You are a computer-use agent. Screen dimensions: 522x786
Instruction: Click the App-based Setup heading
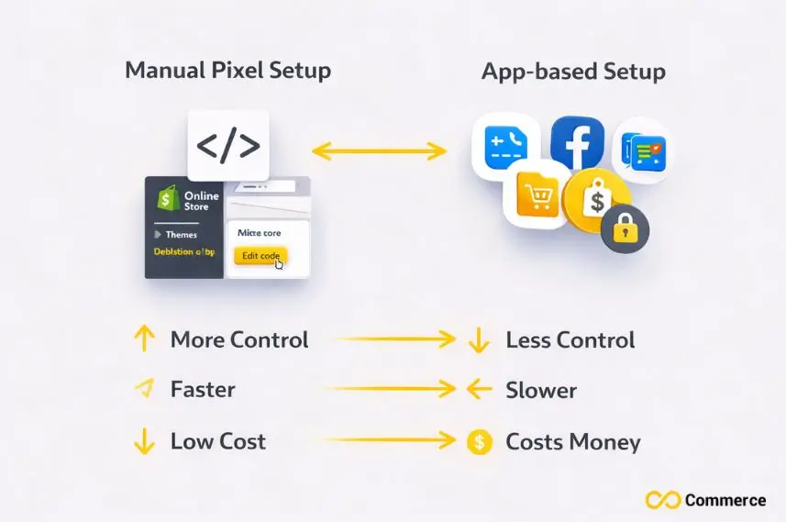(x=573, y=72)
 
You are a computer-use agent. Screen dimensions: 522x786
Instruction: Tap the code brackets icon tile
(x=228, y=145)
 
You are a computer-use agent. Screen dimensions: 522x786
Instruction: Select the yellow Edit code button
(x=260, y=256)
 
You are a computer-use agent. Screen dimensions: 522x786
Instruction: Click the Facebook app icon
(x=577, y=145)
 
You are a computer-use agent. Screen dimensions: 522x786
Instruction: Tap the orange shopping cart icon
(x=536, y=196)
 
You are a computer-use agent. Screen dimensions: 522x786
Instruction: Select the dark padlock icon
(x=625, y=228)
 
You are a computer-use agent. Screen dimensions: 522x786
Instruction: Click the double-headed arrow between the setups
(x=379, y=150)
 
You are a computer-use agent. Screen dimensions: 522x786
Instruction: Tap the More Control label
(x=239, y=340)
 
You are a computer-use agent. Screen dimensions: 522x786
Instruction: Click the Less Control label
(x=570, y=340)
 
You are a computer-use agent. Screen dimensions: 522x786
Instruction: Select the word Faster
(x=203, y=390)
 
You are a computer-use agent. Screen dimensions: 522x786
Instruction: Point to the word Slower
(x=541, y=390)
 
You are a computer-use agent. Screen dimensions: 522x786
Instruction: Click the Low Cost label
(x=218, y=441)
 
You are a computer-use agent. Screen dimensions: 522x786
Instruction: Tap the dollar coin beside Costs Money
(x=479, y=442)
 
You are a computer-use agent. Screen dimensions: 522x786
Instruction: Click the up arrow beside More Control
(x=144, y=339)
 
